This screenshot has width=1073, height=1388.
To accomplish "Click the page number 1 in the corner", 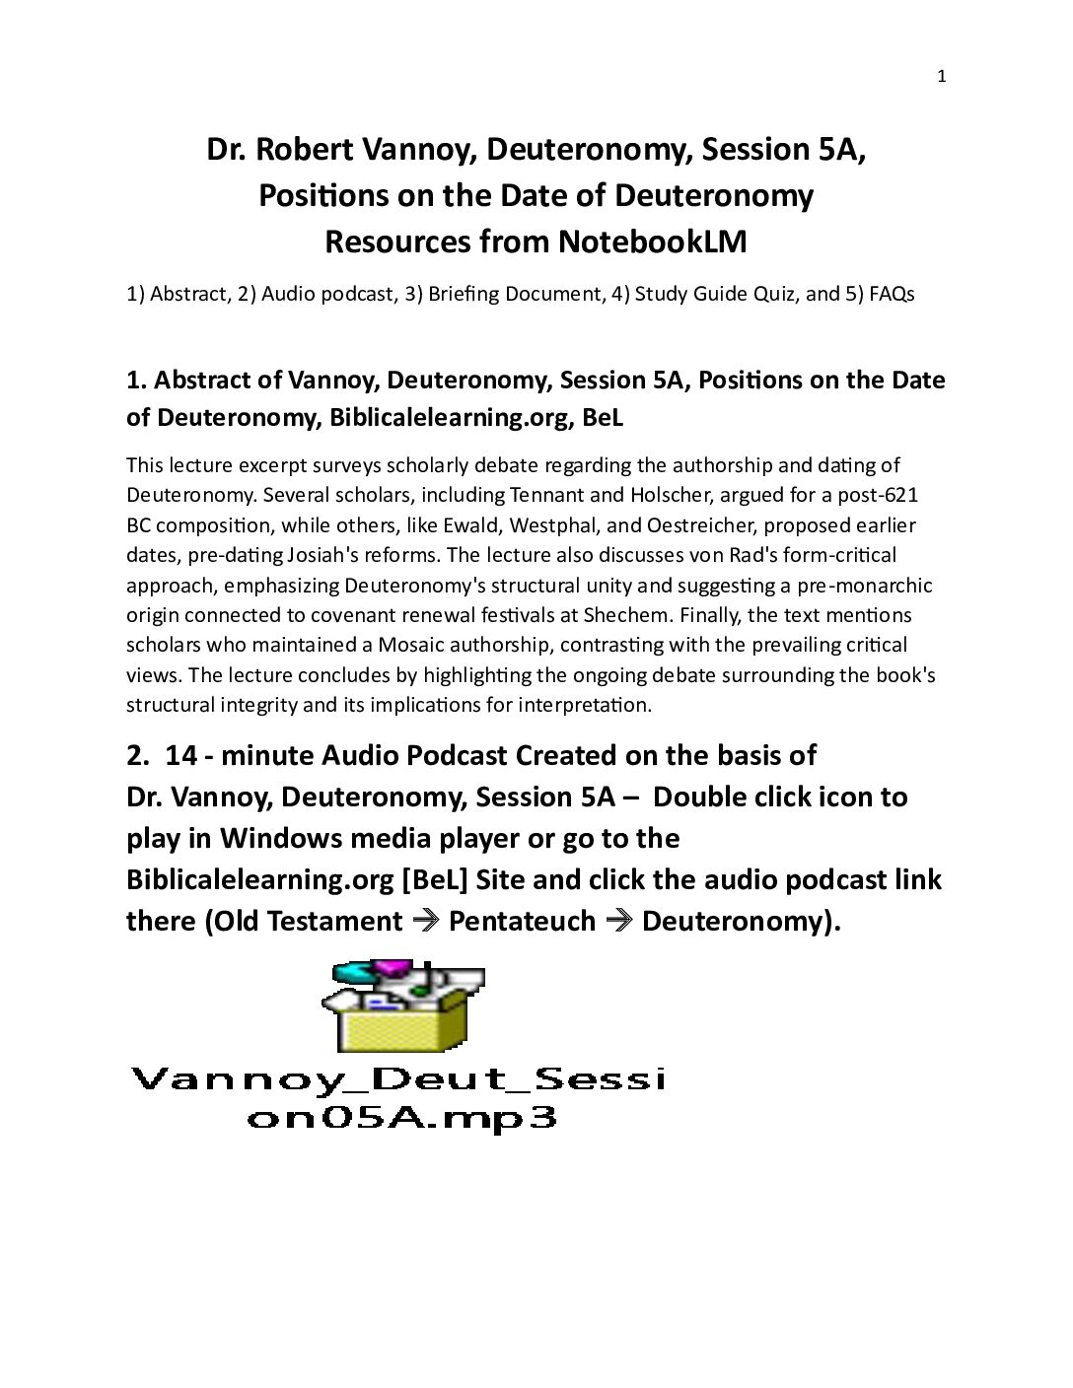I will click(x=941, y=77).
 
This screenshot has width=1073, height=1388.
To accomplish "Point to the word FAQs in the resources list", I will click(x=892, y=294).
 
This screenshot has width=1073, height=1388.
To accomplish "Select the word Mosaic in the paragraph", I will click(x=380, y=645).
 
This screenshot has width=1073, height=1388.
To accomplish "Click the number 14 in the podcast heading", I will click(x=180, y=755).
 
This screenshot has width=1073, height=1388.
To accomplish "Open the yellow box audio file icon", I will click(x=403, y=1006).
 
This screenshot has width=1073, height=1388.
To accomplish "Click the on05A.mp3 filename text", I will click(x=401, y=1118).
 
